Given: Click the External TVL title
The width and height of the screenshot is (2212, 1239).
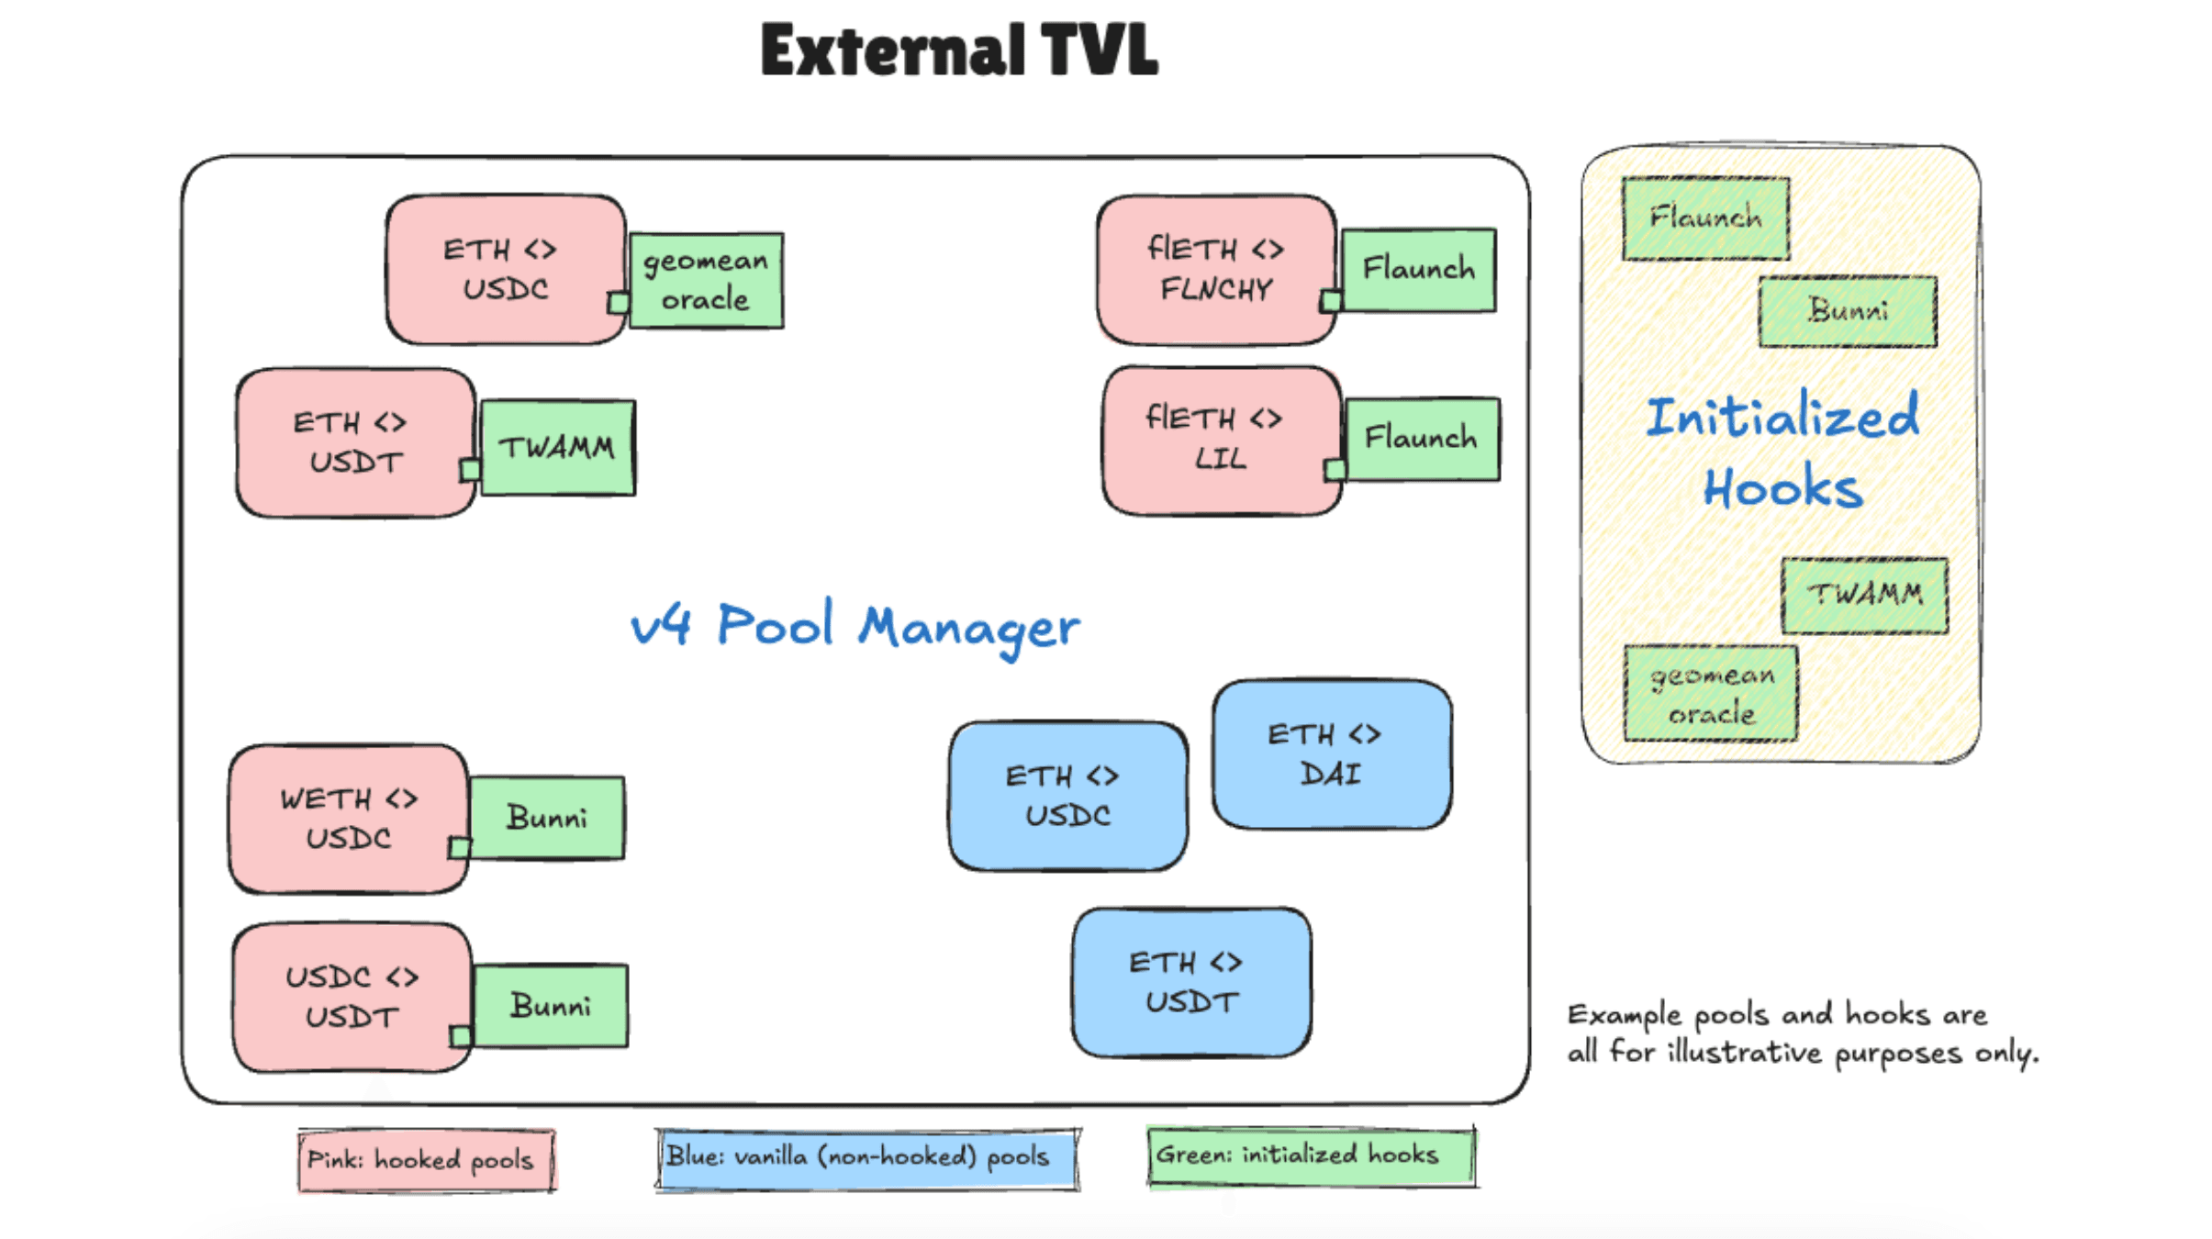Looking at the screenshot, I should coord(959,50).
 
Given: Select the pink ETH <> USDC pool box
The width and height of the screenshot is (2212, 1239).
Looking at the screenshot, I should coord(505,269).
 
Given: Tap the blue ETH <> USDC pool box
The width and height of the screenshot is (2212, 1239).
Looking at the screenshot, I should coord(1067,796).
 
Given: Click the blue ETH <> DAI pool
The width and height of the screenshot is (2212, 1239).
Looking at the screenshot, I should coord(1331,754).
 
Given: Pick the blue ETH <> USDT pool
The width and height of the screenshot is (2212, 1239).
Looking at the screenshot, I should coord(1190,982).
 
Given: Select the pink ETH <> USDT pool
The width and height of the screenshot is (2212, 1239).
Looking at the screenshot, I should coord(355,442).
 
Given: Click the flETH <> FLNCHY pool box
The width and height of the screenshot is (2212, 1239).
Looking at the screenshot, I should coord(1215,269).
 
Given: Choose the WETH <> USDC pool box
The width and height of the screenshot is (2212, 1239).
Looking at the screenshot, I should coord(349,819).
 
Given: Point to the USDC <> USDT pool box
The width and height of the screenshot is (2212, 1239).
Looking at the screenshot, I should coord(352,997).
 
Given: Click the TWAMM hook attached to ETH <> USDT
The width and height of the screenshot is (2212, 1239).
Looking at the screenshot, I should coord(558,448).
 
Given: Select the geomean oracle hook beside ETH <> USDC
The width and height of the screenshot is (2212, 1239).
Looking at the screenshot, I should coord(706,280).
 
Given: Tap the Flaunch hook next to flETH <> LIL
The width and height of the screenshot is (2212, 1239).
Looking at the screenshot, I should coord(1422,439).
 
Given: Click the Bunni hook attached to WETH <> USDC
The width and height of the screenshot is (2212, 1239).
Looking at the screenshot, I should coord(547,818).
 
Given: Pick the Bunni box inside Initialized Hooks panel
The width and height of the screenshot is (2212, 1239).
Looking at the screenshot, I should coord(1848,311).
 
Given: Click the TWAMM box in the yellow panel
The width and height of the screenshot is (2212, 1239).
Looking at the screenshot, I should coord(1864,595).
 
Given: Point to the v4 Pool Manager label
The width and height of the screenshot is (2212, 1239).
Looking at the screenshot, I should coord(855,627).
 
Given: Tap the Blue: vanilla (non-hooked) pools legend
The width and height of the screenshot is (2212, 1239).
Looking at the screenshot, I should coord(867,1157).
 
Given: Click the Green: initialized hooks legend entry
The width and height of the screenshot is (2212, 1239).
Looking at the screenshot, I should coord(1311,1155).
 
